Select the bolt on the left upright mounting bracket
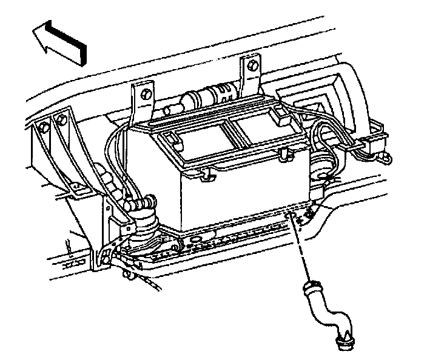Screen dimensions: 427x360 click(x=146, y=94)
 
